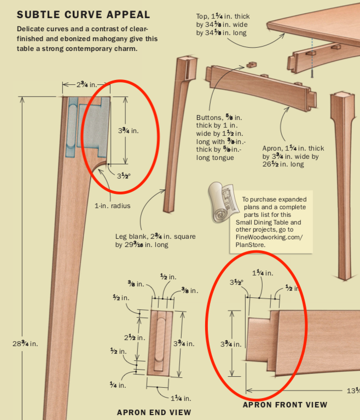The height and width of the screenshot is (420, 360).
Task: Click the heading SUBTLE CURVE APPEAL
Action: [83, 14]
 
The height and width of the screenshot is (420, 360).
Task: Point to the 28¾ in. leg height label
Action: [25, 343]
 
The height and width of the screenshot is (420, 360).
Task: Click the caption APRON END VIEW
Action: [154, 412]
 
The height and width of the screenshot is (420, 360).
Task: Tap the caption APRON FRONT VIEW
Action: [285, 405]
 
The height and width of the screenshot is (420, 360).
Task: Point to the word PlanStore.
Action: [249, 245]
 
